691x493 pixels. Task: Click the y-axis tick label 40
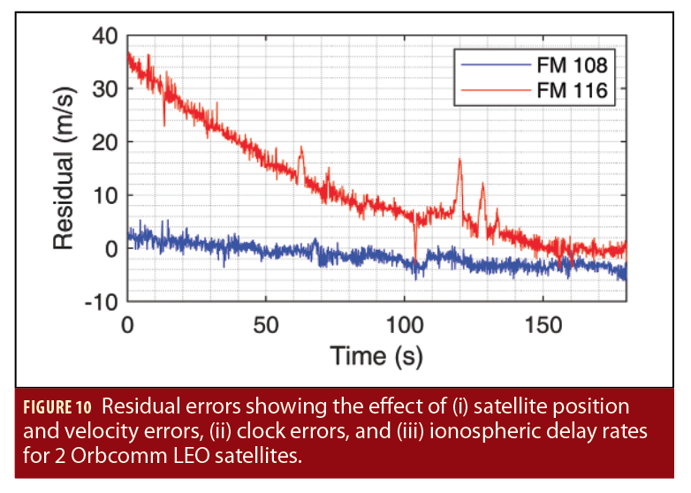click(x=104, y=36)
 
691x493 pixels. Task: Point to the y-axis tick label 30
click(x=104, y=89)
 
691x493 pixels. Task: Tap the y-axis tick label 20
click(x=104, y=142)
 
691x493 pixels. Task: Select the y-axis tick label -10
click(x=99, y=301)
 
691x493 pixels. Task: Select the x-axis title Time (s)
click(x=376, y=356)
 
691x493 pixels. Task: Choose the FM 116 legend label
click(x=572, y=88)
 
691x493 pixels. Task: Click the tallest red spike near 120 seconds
click(x=459, y=160)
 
